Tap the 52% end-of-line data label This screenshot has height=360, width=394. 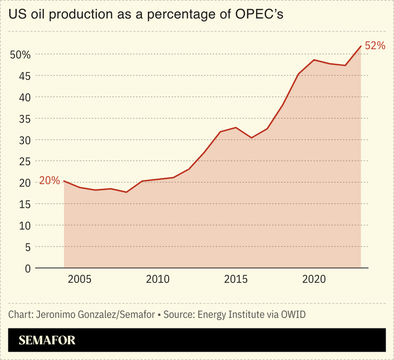pos(375,45)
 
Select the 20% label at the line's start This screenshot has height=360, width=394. pos(49,181)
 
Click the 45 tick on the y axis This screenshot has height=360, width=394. pos(24,76)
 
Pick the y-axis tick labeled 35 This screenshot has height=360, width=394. pos(24,119)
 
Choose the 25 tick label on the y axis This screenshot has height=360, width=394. pos(24,161)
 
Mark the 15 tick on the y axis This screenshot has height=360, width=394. pos(24,204)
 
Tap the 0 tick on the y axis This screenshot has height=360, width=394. pos(27,268)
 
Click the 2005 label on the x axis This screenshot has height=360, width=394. pos(79,280)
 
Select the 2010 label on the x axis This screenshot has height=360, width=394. pos(158,280)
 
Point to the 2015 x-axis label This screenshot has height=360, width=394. pos(236,280)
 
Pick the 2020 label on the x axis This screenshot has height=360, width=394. pos(314,280)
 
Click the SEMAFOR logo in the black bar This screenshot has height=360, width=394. pos(47,340)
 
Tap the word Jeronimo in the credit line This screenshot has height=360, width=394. pos(55,315)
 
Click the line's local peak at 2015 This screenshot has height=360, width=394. pos(236,128)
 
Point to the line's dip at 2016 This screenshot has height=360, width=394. pos(251,138)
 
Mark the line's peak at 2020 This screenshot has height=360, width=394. pos(314,60)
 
